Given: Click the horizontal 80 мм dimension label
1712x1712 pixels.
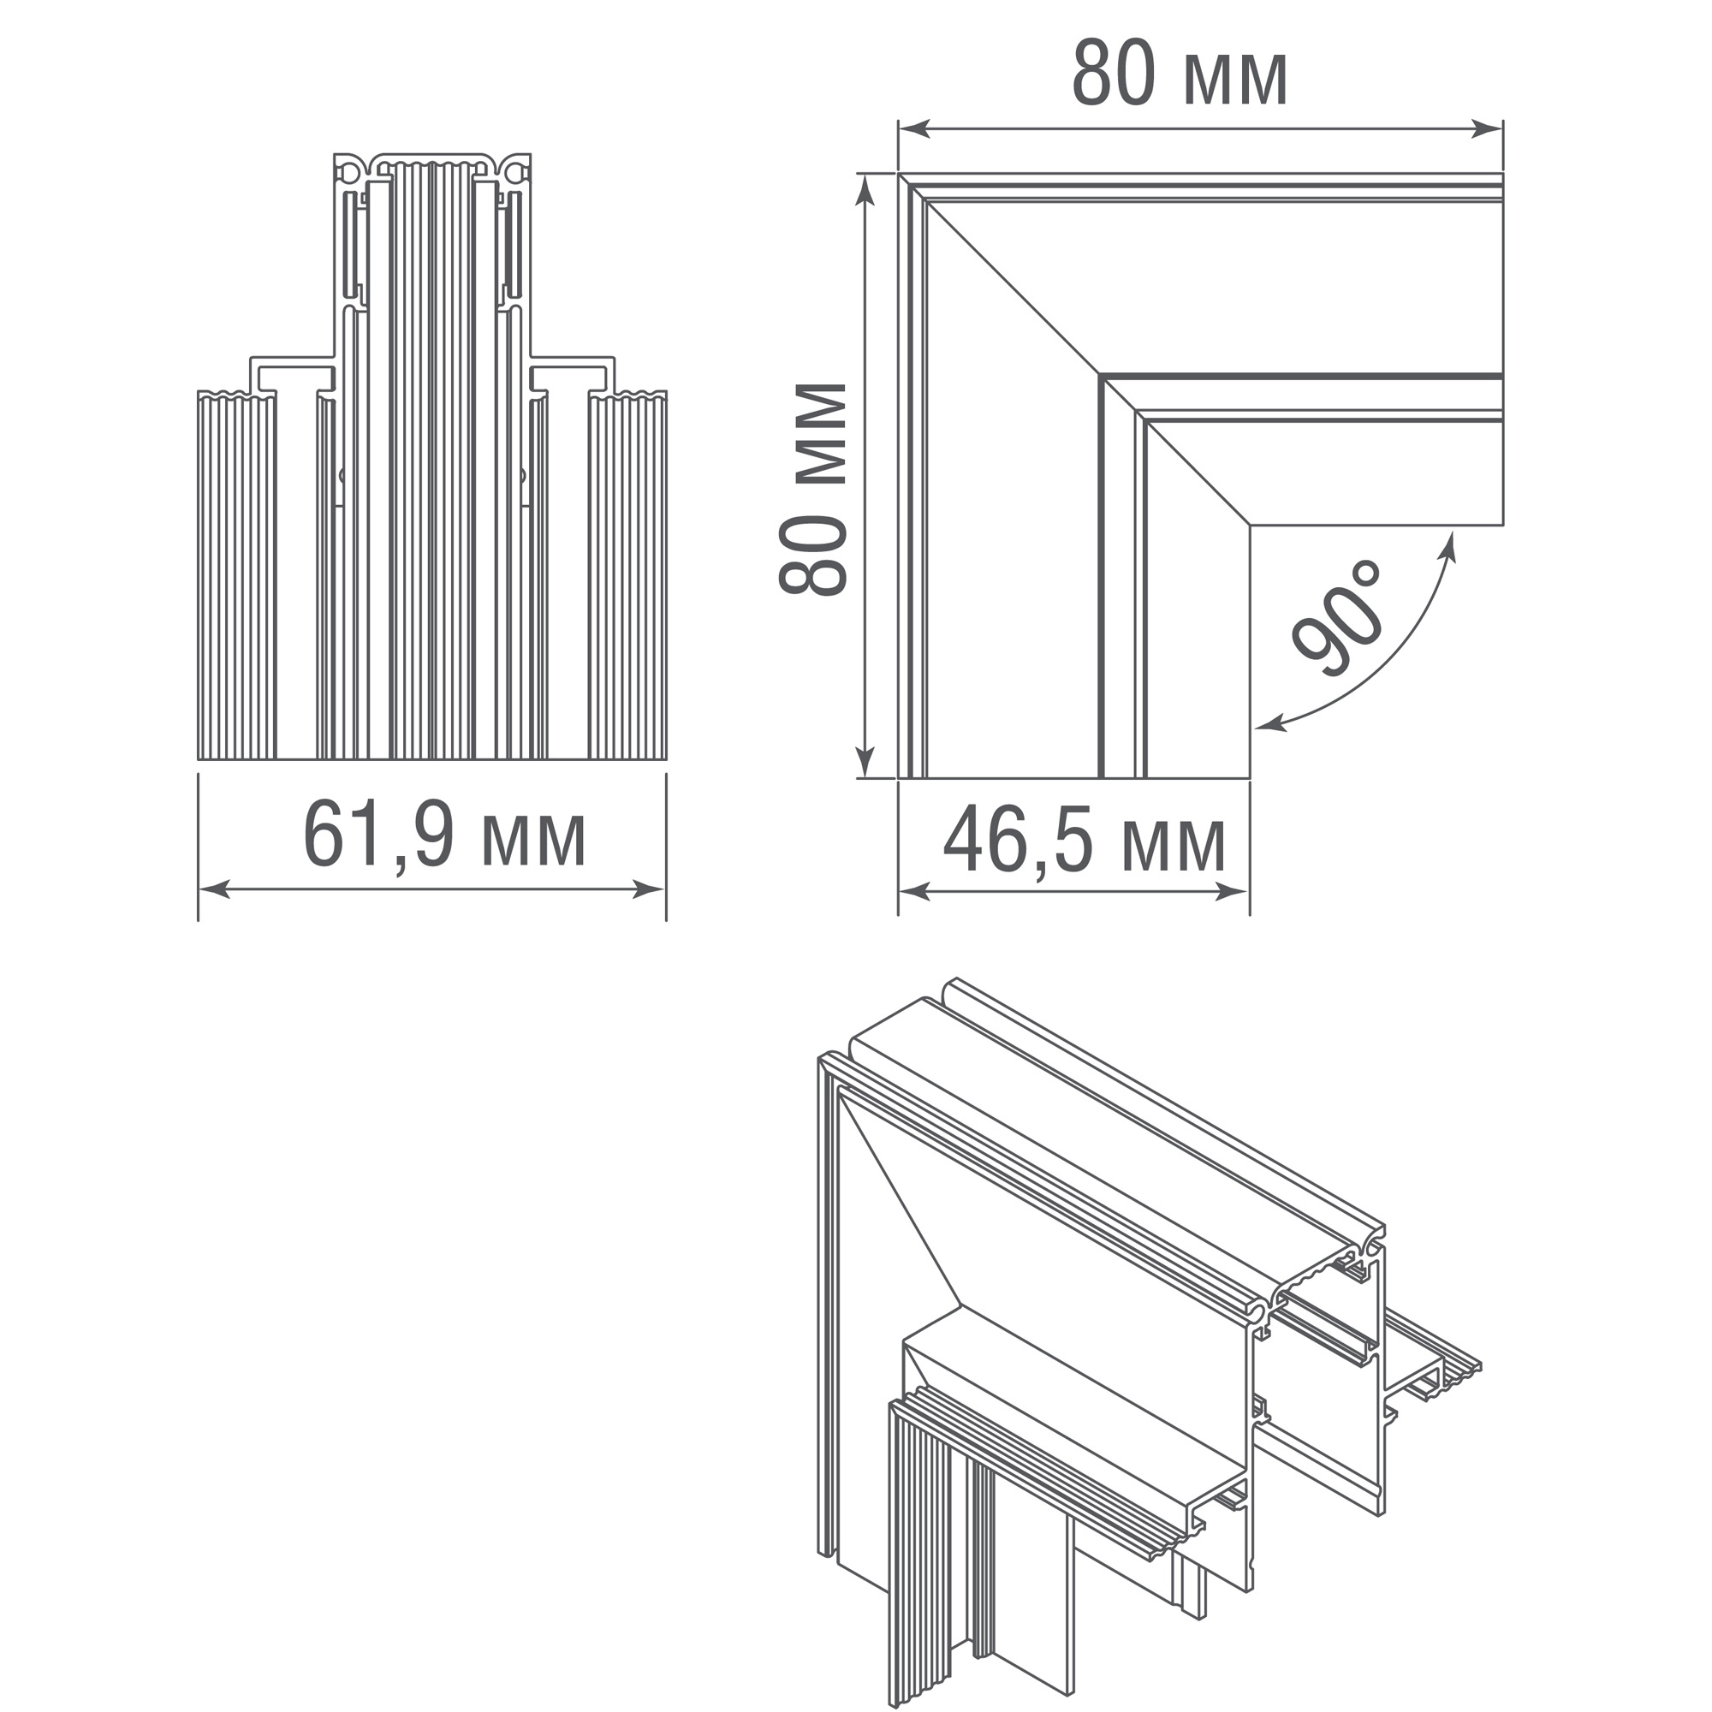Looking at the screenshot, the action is tap(1180, 74).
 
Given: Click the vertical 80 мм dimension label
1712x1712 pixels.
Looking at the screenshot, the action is tap(812, 488).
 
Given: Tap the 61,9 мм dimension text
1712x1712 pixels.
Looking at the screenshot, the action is tap(444, 835).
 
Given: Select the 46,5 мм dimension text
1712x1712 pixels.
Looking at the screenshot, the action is tap(1085, 841).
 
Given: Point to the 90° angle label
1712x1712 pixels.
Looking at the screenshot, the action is tap(1338, 618).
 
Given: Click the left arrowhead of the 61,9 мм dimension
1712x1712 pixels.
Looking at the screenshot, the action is tap(213, 890).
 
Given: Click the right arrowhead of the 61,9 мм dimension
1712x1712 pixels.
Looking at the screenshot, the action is tap(650, 890).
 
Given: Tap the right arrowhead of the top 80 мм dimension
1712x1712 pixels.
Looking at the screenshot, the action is tap(1487, 129).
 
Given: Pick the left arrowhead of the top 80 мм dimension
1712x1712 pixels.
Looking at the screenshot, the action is tap(914, 129).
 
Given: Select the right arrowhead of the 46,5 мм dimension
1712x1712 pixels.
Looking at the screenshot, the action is tap(1233, 892).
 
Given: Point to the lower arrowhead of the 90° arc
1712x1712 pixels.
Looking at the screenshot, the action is tap(1270, 724).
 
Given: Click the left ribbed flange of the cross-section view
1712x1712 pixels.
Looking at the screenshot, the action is tap(236, 575).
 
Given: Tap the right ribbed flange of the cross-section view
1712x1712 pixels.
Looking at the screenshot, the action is tap(627, 575).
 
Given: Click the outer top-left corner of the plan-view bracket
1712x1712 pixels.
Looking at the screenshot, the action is tap(899, 174).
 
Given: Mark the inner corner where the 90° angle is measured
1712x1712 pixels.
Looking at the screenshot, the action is tap(1251, 526).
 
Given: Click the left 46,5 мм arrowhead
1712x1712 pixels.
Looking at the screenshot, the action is tap(914, 892).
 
